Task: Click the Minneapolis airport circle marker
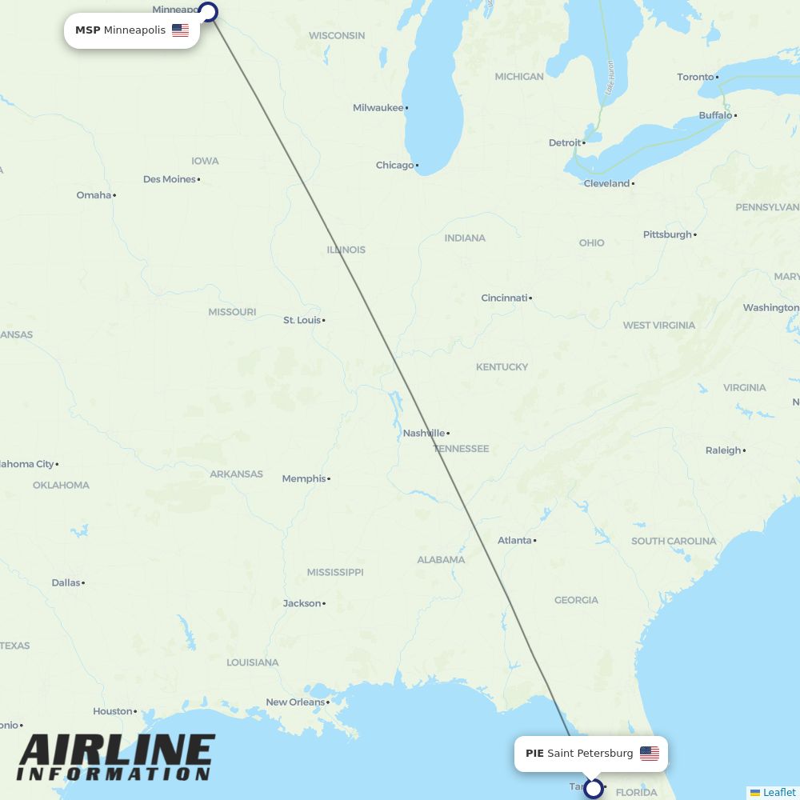208,12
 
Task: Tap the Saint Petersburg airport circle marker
593,789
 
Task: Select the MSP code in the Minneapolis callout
87,30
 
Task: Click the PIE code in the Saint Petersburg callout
534,754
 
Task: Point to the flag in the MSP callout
180,30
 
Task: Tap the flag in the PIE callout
650,754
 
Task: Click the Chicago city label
395,166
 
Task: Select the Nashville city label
424,433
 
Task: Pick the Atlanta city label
514,541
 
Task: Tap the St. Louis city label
302,320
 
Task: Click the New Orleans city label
296,702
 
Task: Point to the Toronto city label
695,77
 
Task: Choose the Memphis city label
304,478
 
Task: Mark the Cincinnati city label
504,298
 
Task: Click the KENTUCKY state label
502,367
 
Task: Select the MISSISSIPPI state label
335,572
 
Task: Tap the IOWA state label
205,161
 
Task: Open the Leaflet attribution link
779,792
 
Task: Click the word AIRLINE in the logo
117,750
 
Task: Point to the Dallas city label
66,582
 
